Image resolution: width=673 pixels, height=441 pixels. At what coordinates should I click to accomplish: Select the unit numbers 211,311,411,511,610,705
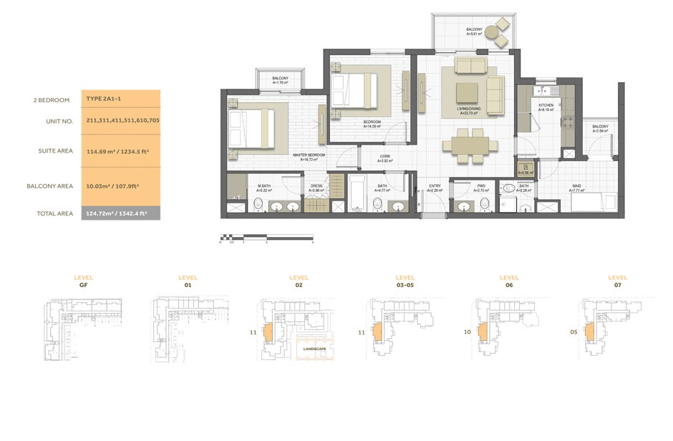[x=122, y=121]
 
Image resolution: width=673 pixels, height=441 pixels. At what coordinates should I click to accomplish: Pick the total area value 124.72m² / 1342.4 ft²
[x=121, y=213]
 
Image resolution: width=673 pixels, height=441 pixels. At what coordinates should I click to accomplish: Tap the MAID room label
[x=576, y=187]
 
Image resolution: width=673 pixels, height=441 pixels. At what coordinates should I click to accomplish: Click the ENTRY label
[x=435, y=187]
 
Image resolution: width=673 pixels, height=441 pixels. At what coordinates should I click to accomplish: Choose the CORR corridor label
[x=384, y=157]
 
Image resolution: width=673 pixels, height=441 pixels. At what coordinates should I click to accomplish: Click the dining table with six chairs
[x=470, y=145]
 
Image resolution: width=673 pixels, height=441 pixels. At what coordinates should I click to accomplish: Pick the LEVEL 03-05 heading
[x=405, y=281]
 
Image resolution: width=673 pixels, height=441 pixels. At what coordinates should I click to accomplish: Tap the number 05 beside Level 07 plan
[x=573, y=331]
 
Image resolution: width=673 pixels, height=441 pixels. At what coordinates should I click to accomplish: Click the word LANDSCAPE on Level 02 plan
[x=314, y=349]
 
